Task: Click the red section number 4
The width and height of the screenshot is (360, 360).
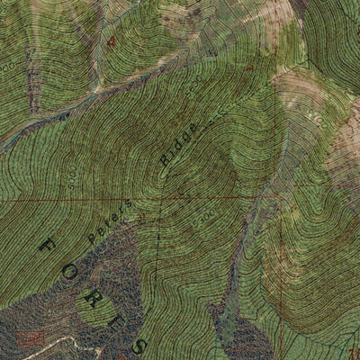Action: (111, 42)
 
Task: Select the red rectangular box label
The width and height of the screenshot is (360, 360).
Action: (30, 338)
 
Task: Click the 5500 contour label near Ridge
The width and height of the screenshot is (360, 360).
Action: (193, 93)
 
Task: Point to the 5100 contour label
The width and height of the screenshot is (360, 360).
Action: (314, 115)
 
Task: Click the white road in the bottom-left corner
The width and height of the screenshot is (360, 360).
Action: (63, 342)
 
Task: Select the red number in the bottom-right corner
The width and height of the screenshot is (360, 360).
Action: (354, 352)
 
